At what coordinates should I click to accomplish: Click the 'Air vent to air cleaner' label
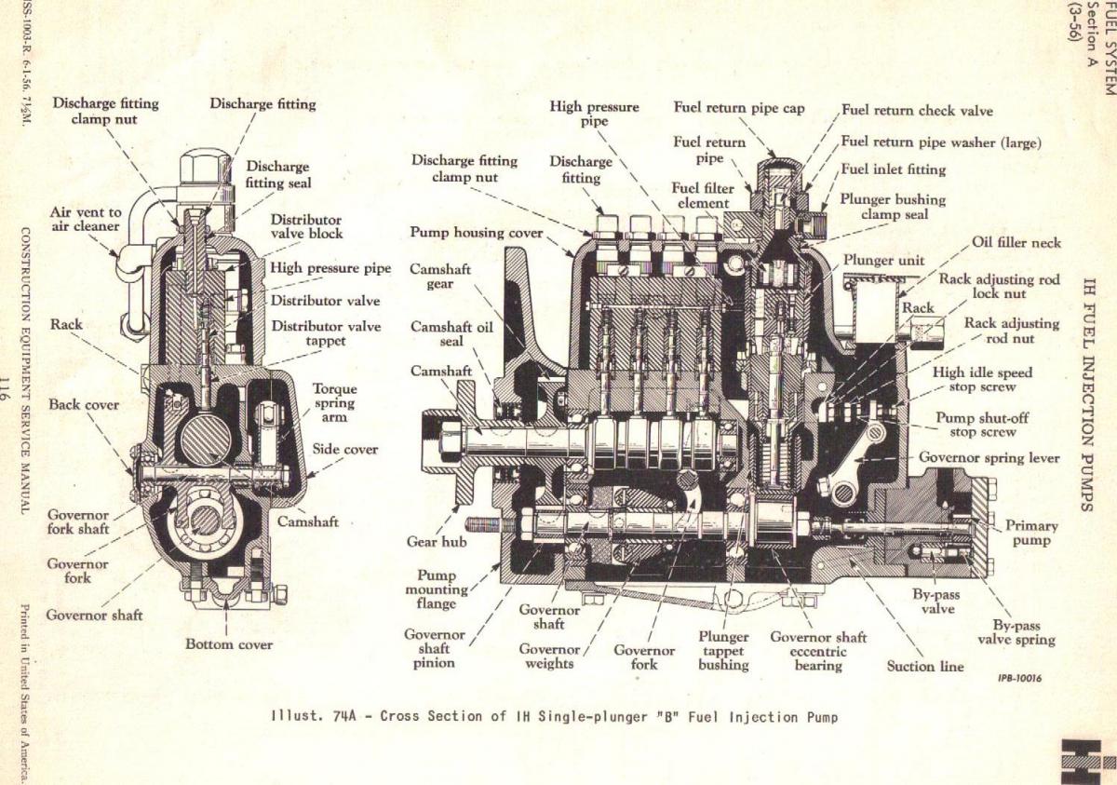[86, 218]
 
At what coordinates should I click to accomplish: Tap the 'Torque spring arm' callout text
[334, 402]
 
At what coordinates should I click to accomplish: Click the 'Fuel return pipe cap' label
[739, 108]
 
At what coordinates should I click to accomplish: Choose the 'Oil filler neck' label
[1016, 243]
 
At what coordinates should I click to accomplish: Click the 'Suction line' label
[925, 666]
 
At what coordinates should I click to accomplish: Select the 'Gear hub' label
[437, 541]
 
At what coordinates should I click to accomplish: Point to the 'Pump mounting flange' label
[437, 589]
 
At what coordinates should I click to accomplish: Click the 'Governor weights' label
[549, 656]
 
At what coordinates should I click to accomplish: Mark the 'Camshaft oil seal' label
[452, 334]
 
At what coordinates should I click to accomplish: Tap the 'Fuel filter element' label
[703, 196]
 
